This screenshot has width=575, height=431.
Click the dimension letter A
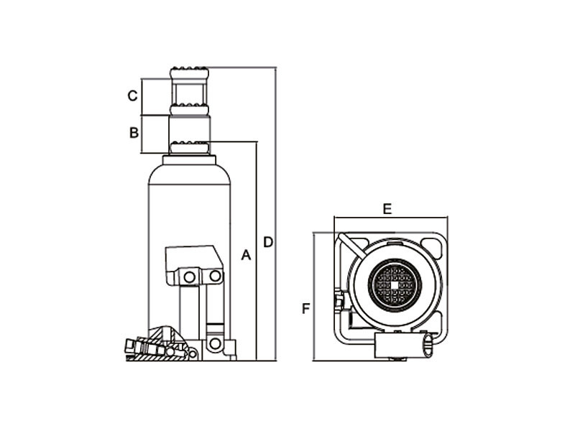coord(246,255)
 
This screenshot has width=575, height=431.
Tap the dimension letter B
coord(134,132)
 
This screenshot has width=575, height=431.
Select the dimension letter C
coord(132,96)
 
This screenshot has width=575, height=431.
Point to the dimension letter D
coord(268,242)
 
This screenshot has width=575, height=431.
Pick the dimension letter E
coord(387,209)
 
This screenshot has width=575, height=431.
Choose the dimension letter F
coord(306,309)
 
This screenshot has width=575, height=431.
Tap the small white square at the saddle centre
coord(394,285)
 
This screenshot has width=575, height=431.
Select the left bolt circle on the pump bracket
coord(189,277)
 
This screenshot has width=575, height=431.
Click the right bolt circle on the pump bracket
coord(214,276)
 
